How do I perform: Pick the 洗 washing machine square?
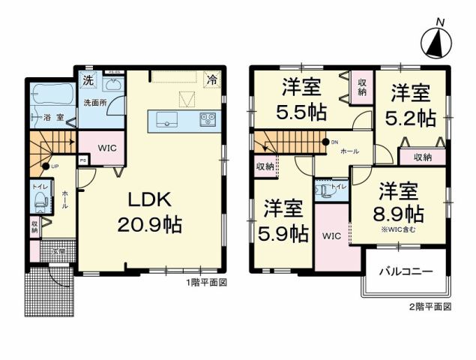pos(88,79)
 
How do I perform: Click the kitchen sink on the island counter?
pos(166,118)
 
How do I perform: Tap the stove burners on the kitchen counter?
pos(207,118)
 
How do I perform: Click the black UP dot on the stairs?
pos(46,166)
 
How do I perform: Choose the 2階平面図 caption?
pos(430,307)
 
